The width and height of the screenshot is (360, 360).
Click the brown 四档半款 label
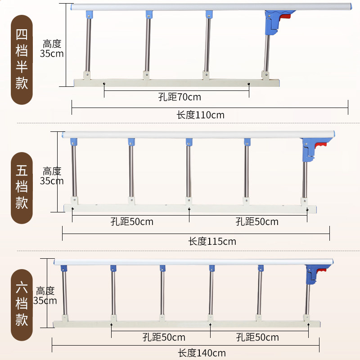click(22, 60)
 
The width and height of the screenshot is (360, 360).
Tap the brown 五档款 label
click(22, 188)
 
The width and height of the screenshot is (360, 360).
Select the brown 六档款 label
click(22, 305)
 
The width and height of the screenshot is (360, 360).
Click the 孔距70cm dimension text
click(180, 97)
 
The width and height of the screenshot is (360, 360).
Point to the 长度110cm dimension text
click(200, 115)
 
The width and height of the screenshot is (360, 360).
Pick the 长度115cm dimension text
click(212, 241)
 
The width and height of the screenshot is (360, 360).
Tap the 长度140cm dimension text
click(202, 353)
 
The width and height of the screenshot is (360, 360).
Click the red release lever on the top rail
click(285, 17)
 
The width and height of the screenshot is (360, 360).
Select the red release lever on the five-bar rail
click(321, 145)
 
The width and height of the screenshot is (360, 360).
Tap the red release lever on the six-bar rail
click(321, 270)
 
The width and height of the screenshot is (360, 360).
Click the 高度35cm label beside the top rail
click(52, 49)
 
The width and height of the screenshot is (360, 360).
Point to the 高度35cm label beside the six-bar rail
click(45, 296)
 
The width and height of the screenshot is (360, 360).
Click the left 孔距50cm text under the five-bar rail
click(132, 221)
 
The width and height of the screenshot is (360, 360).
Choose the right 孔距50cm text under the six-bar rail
click(257, 337)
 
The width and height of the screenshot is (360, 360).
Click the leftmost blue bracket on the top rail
click(89, 14)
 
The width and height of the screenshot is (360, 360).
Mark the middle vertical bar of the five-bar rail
click(189, 171)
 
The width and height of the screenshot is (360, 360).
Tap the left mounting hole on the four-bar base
click(104, 84)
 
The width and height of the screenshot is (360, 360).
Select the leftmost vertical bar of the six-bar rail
click(65, 293)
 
